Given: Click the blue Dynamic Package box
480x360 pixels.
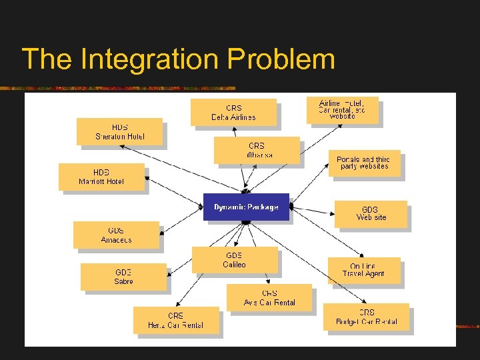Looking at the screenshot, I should [x=246, y=207].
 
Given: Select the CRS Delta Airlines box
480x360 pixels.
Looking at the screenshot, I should [x=233, y=112].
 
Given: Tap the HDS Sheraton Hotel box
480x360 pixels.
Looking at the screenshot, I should [x=119, y=131].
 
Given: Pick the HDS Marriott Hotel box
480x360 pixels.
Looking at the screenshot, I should [x=101, y=177].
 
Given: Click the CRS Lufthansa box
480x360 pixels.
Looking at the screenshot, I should [x=257, y=150].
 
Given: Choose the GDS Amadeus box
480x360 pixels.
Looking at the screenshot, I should [x=116, y=235].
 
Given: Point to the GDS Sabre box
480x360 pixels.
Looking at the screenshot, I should [x=123, y=277].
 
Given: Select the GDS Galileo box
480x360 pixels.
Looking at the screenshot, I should [x=235, y=260].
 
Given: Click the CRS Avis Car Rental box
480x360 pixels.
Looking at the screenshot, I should [x=269, y=298].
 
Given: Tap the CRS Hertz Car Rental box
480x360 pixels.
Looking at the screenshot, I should [x=176, y=320].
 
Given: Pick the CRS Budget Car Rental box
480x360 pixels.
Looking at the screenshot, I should [x=366, y=317].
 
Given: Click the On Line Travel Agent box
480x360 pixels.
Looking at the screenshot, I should [x=363, y=270].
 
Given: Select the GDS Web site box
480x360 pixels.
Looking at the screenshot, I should [x=371, y=213].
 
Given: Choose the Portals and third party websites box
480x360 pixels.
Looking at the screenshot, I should [x=364, y=163].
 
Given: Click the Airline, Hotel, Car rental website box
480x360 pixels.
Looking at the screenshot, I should [x=342, y=110].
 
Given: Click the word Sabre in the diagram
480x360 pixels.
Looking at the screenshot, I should [x=123, y=282].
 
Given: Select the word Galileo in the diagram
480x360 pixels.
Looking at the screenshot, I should [x=235, y=265].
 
